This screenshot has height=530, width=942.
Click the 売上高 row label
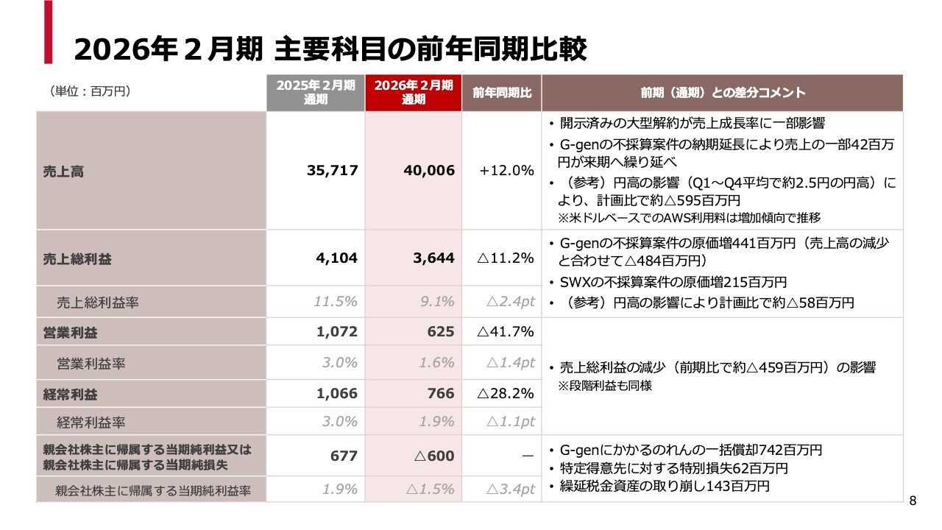[63, 171]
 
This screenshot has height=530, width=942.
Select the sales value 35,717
[332, 171]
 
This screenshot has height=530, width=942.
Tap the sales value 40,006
[429, 171]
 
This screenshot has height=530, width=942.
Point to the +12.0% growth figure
[506, 171]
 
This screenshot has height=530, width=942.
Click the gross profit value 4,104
[337, 258]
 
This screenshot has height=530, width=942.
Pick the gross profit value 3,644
[434, 258]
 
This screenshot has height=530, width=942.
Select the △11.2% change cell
[505, 258]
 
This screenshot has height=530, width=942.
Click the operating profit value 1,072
[337, 331]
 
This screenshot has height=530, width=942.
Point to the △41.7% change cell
[505, 331]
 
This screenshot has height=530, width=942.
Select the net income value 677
[344, 456]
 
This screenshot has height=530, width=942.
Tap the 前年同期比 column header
[502, 93]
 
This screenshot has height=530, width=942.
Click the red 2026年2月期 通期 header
[413, 93]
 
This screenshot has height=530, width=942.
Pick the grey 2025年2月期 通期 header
[316, 93]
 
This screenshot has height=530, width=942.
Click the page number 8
[913, 501]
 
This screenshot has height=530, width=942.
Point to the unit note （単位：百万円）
[90, 91]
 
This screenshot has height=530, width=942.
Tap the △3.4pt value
[510, 489]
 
